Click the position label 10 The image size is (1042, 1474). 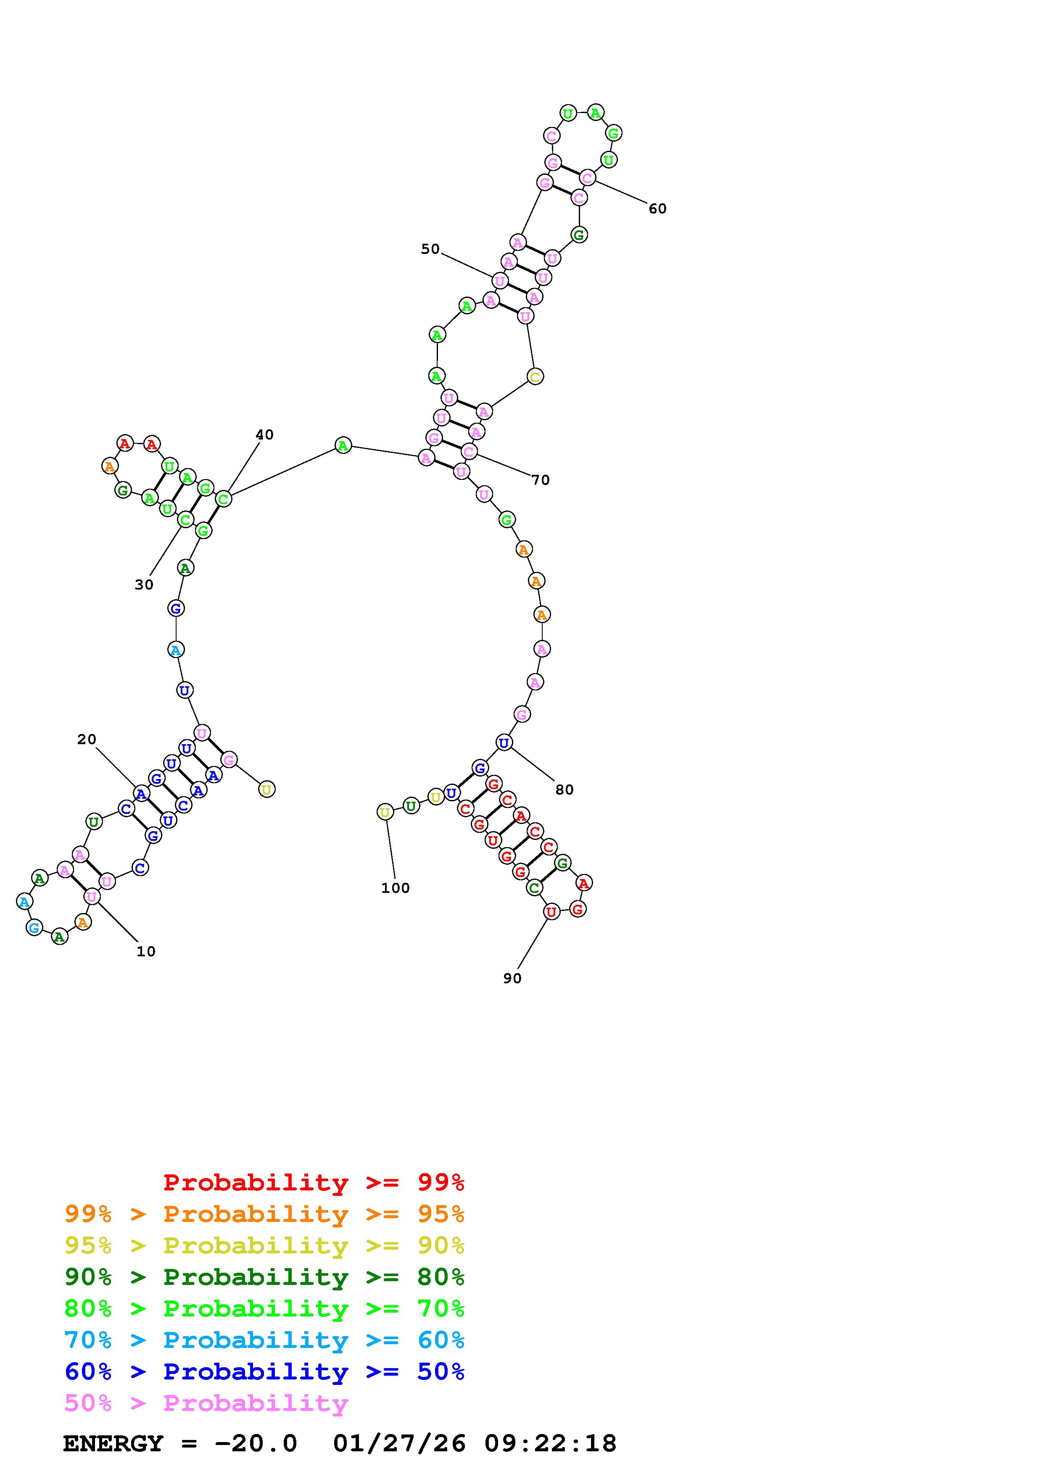[x=146, y=951]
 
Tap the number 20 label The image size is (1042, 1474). [x=87, y=740]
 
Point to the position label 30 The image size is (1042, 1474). [x=144, y=585]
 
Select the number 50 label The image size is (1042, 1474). [x=430, y=249]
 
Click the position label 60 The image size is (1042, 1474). [x=657, y=209]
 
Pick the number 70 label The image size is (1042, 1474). [x=541, y=480]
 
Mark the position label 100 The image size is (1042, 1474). [x=396, y=888]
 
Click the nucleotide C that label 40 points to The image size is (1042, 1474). [x=223, y=499]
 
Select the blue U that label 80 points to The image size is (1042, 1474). [x=504, y=743]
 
